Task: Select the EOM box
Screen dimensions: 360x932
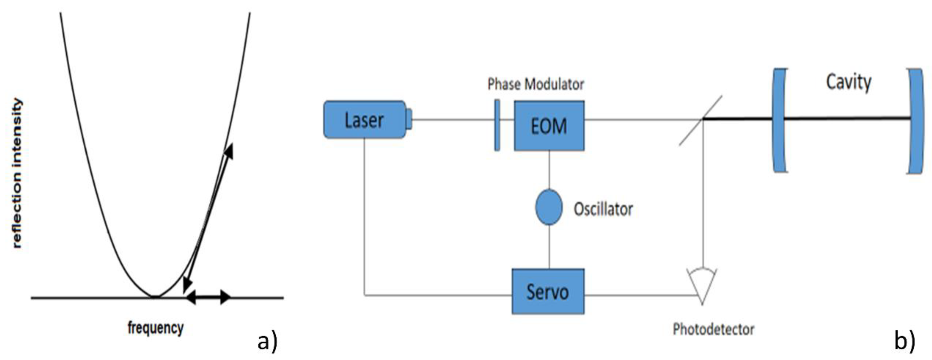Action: point(549,126)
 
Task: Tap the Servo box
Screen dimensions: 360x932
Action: point(548,291)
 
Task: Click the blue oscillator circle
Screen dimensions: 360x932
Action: point(549,207)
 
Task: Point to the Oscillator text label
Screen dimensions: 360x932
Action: point(603,209)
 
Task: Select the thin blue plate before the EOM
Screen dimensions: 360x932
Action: point(497,125)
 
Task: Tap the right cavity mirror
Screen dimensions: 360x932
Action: point(916,121)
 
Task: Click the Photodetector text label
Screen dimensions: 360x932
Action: point(713,329)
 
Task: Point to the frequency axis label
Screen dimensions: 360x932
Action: point(156,328)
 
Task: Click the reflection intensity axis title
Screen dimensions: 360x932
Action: point(17,174)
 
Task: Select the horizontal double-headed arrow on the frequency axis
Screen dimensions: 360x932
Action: point(208,297)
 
